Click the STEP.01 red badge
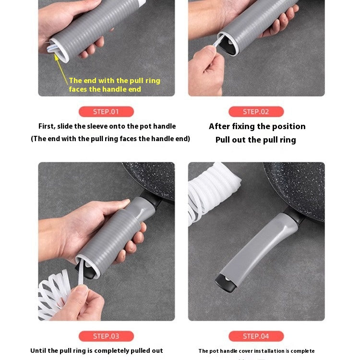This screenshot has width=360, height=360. point(106,112)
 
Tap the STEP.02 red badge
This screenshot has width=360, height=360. point(256,112)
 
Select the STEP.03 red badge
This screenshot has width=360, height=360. point(106,336)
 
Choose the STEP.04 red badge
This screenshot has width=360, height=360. point(256,336)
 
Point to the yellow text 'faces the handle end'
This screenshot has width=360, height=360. point(105,89)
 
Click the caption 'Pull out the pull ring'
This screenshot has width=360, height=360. point(255,140)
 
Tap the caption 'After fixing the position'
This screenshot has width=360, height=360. point(257,126)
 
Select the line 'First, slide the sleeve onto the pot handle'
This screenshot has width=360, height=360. point(107,126)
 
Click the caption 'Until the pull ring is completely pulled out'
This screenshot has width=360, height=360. point(96,351)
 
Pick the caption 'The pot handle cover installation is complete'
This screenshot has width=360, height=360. point(256,351)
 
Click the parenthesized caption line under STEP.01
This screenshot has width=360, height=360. point(110,139)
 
